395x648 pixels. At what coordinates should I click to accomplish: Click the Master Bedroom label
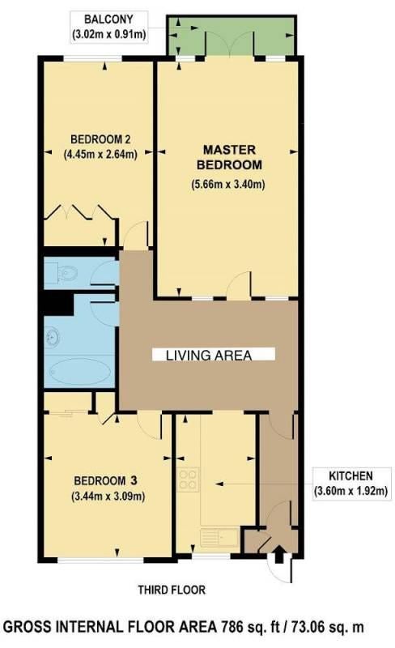[229, 157]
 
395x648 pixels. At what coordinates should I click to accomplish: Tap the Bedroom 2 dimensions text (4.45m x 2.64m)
[100, 154]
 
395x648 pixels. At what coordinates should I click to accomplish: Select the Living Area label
[209, 355]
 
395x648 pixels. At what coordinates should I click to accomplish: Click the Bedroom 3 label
[105, 480]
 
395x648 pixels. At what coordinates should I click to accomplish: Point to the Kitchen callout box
[351, 484]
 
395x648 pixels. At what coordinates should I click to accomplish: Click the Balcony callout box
[109, 27]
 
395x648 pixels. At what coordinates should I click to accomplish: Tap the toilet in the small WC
[67, 273]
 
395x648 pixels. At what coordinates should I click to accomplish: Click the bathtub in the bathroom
[80, 371]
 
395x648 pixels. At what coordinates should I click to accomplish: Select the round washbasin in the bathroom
[53, 336]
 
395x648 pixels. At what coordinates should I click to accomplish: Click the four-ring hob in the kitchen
[188, 480]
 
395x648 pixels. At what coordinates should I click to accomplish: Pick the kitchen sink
[219, 538]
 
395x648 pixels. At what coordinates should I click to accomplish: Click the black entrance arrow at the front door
[279, 554]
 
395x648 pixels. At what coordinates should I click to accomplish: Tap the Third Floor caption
[172, 590]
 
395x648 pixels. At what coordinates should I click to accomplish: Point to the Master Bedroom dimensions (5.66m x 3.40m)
[228, 184]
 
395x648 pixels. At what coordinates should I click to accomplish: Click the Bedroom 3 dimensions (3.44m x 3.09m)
[108, 496]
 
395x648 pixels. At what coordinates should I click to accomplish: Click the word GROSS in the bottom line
[28, 627]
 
